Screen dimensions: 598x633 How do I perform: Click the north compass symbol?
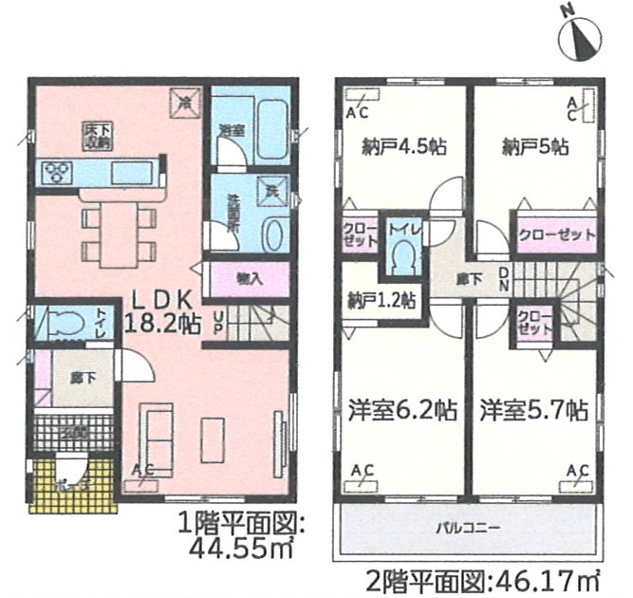[x=586, y=37]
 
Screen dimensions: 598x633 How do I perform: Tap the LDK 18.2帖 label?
[x=162, y=310]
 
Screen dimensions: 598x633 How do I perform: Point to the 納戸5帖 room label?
[x=534, y=147]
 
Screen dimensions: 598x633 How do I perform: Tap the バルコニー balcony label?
[x=468, y=524]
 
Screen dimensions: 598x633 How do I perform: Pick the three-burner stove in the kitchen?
[x=57, y=172]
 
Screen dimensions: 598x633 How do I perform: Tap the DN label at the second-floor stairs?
[x=504, y=278]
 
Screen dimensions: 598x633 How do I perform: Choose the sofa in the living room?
[x=157, y=430]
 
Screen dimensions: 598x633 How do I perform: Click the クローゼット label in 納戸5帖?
[x=556, y=234]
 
